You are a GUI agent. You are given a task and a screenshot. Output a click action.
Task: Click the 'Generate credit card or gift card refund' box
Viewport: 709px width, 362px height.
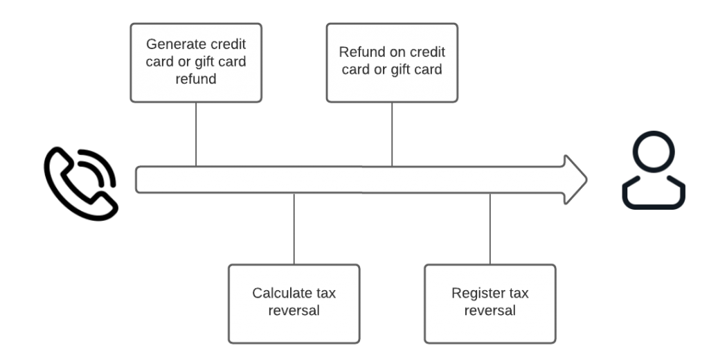pyautogui.click(x=196, y=63)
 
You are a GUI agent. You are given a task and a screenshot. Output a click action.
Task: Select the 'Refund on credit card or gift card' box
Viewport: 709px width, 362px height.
pyautogui.click(x=392, y=63)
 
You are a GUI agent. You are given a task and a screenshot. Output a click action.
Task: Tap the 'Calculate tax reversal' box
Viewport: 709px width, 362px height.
pyautogui.click(x=294, y=303)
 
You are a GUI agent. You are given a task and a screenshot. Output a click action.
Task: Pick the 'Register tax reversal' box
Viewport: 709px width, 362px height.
pyautogui.click(x=490, y=303)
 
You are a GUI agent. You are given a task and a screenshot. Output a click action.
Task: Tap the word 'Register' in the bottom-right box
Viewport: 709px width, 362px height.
pyautogui.click(x=478, y=293)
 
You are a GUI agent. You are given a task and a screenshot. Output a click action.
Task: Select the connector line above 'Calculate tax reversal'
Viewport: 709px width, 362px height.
pyautogui.click(x=294, y=228)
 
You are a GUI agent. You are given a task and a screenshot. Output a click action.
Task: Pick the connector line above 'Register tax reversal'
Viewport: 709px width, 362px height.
pyautogui.click(x=490, y=228)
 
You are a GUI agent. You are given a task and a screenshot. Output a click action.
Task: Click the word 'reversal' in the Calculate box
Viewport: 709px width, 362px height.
pyautogui.click(x=294, y=311)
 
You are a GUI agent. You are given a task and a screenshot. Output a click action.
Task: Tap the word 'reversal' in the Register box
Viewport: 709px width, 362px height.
pyautogui.click(x=490, y=311)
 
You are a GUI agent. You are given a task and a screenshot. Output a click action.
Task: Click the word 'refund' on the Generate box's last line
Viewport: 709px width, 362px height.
pyautogui.click(x=196, y=79)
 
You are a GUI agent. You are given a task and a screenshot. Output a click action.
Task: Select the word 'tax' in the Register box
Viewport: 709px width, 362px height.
pyautogui.click(x=517, y=293)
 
